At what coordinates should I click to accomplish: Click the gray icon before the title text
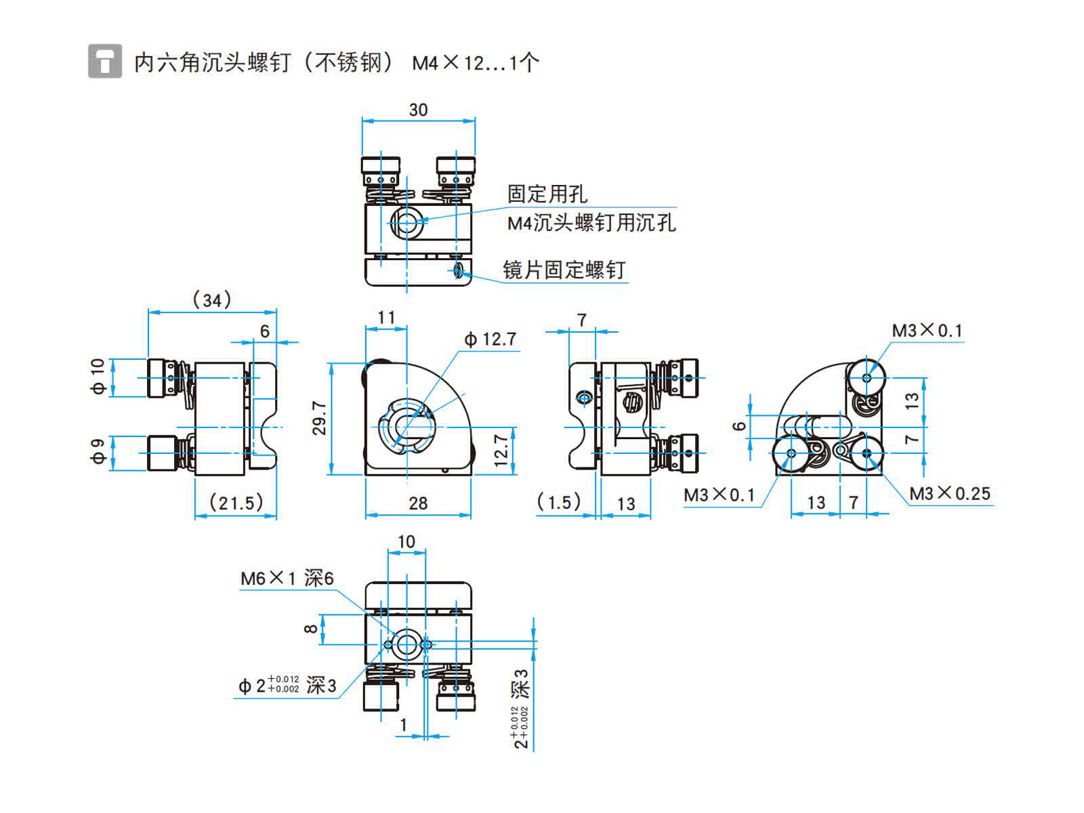105,61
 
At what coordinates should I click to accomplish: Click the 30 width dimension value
418,110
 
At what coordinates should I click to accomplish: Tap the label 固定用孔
547,194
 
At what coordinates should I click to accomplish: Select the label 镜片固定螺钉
564,270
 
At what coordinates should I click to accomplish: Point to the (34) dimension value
212,299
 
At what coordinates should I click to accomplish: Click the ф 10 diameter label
99,377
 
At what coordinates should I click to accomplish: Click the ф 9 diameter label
99,451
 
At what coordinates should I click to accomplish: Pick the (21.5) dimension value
236,503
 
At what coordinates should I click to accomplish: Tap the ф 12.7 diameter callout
490,339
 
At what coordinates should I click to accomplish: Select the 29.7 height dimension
319,418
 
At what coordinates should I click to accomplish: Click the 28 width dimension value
418,503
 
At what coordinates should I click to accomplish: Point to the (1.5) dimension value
559,502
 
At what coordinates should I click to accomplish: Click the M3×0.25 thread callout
949,493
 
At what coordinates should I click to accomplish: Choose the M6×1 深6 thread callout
287,578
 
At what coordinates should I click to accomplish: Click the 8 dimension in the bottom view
311,629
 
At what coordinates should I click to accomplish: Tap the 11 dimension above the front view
386,317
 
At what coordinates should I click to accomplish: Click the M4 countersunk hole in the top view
406,221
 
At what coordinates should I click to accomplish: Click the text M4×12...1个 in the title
476,63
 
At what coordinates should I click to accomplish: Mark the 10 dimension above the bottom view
406,541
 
